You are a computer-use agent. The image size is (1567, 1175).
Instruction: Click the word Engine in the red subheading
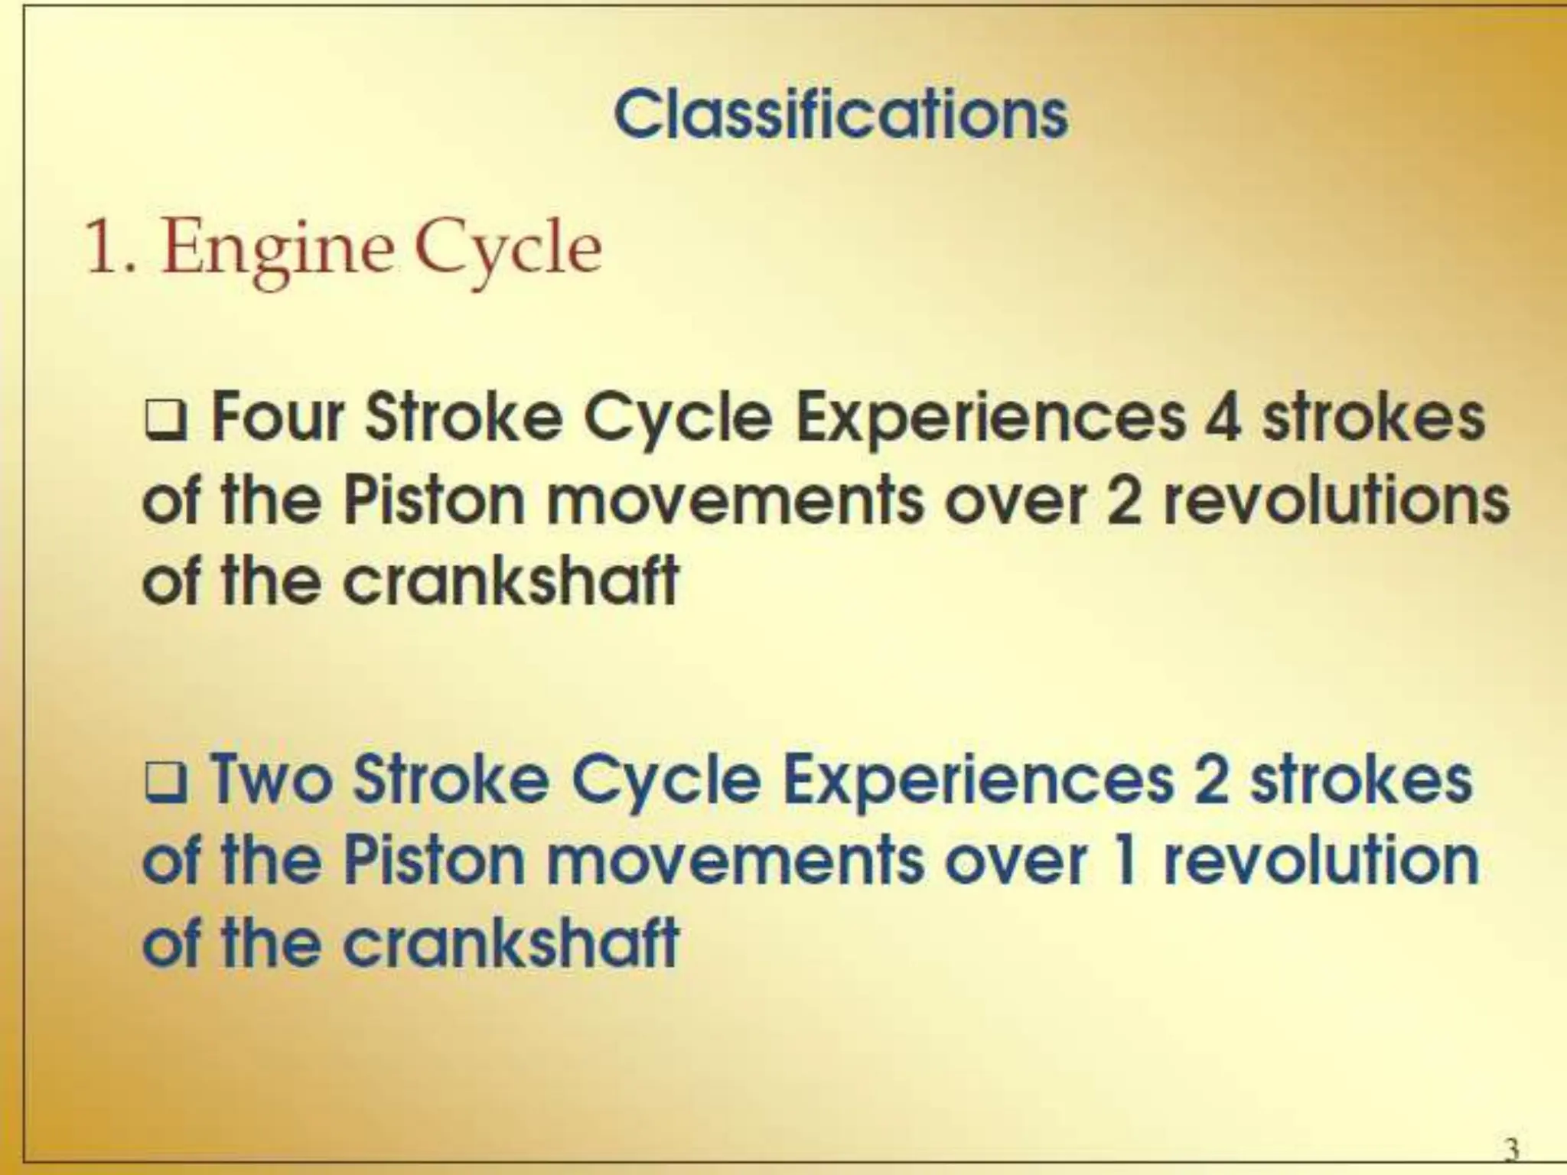pos(276,250)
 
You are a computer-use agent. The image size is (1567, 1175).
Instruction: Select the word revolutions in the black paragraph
pos(1336,502)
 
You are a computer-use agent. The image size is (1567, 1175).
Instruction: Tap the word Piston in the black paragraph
pos(433,502)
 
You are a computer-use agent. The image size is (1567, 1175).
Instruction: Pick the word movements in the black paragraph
pos(734,502)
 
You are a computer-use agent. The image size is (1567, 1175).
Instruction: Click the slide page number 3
pos(1511,1147)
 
